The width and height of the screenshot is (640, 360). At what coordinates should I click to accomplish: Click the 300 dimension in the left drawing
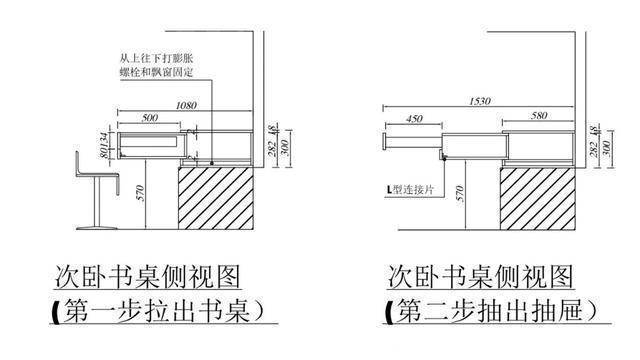coord(287,146)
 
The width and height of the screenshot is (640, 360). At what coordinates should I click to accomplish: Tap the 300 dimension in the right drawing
coord(606,146)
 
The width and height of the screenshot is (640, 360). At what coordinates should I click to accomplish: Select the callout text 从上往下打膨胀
coord(152,60)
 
